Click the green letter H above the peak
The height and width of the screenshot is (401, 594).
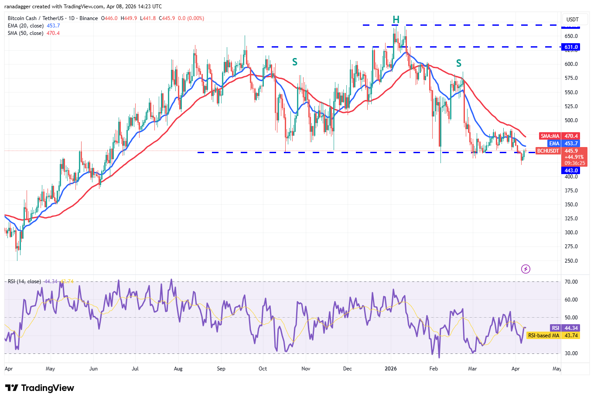tap(396, 20)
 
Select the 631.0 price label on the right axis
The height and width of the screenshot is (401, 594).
tap(571, 47)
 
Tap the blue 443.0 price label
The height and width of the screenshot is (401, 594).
tap(570, 171)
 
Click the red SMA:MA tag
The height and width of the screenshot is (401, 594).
tap(550, 136)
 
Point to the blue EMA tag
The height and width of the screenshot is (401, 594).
tap(554, 144)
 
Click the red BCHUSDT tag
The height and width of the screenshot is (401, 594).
tap(548, 151)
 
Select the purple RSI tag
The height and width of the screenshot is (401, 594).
tap(555, 328)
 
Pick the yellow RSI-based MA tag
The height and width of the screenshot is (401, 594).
tap(543, 336)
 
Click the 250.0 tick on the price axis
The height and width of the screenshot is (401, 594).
tap(571, 261)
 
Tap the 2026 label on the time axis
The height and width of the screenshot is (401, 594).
tap(391, 369)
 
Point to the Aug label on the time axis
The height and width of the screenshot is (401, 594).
tap(178, 369)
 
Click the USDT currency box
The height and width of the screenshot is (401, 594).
tap(572, 19)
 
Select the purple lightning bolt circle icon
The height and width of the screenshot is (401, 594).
tap(526, 269)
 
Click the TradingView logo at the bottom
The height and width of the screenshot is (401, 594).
tap(40, 388)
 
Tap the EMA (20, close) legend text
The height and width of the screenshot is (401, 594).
tap(26, 26)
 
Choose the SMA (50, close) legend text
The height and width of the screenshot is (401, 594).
tap(25, 33)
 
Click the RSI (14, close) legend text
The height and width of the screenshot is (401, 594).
tap(24, 281)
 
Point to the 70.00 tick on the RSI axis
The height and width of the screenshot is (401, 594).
tap(571, 282)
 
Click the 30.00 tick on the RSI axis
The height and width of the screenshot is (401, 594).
tap(571, 353)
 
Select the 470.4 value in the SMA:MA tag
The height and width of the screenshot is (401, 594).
tap(571, 136)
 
